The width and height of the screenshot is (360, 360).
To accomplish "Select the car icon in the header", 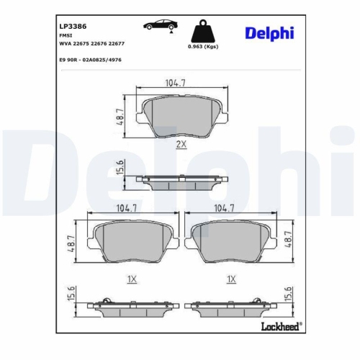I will (x=161, y=25).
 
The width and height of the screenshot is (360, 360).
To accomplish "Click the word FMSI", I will (x=66, y=34).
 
